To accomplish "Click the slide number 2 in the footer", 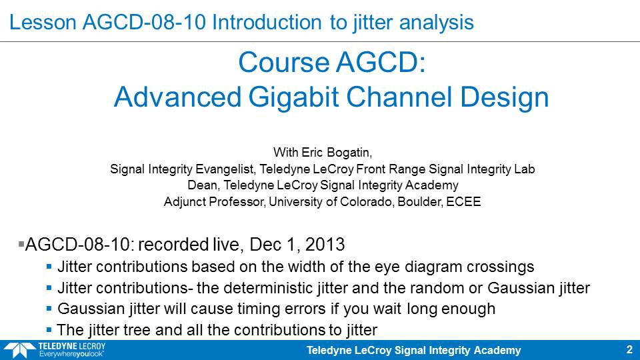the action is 629,350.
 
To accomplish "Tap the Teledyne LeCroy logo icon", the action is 19,351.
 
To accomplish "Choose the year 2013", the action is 325,245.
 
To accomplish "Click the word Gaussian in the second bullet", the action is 514,288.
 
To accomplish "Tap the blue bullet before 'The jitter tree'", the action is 49,329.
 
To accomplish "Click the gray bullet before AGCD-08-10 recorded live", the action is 21,244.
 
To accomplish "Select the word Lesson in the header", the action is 43,22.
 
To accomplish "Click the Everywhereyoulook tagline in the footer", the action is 71,354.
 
